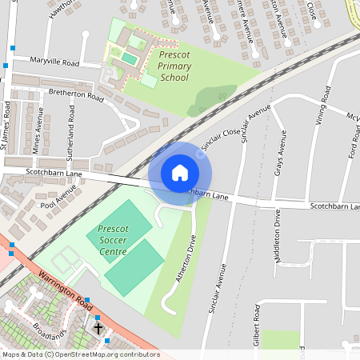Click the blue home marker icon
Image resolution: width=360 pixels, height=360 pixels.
[x=180, y=173]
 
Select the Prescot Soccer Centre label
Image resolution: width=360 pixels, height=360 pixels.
[x=113, y=240]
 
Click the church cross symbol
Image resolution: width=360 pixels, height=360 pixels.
[x=98, y=328]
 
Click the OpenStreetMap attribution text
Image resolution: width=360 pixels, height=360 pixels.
[x=80, y=354]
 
